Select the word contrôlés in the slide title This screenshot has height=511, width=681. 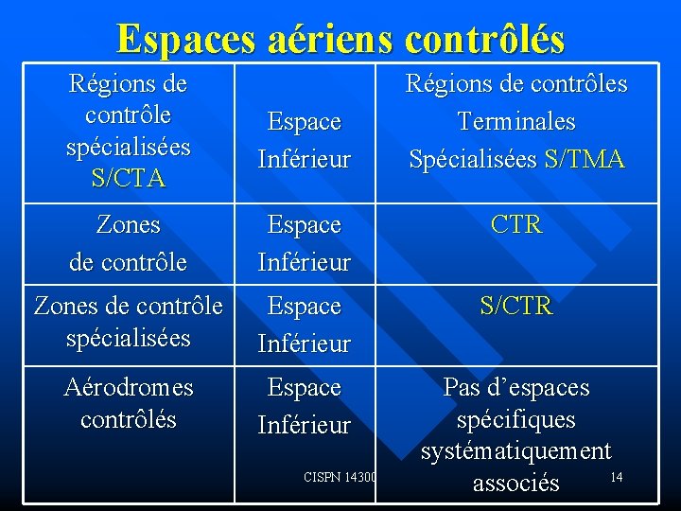tap(484, 39)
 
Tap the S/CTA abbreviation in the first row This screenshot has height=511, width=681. tap(128, 177)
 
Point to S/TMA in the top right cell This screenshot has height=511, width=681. tap(585, 159)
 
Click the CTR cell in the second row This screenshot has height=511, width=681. tap(516, 225)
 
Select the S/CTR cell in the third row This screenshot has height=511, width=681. tap(516, 307)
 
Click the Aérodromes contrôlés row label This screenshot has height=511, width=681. tap(128, 403)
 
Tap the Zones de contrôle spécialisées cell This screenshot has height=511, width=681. tap(128, 322)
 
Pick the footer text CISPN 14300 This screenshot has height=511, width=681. tap(340, 478)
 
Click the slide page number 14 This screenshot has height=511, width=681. tap(616, 477)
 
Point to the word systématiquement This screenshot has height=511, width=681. tap(516, 451)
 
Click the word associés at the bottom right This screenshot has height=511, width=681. tap(516, 484)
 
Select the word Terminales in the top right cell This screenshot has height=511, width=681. tap(516, 121)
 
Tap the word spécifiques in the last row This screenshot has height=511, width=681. tap(516, 419)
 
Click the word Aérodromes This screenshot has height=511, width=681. tap(128, 387)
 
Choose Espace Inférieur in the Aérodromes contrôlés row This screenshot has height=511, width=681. tap(305, 406)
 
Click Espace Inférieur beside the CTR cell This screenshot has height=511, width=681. tap(305, 243)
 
